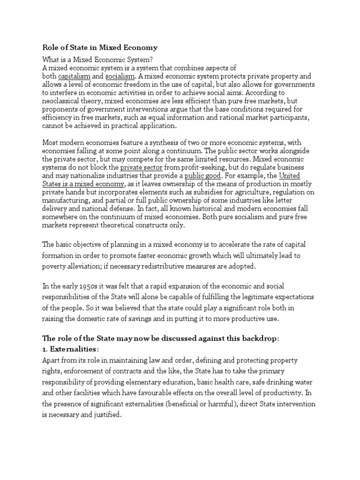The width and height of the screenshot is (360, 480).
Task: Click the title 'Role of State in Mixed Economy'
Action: tap(100, 47)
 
